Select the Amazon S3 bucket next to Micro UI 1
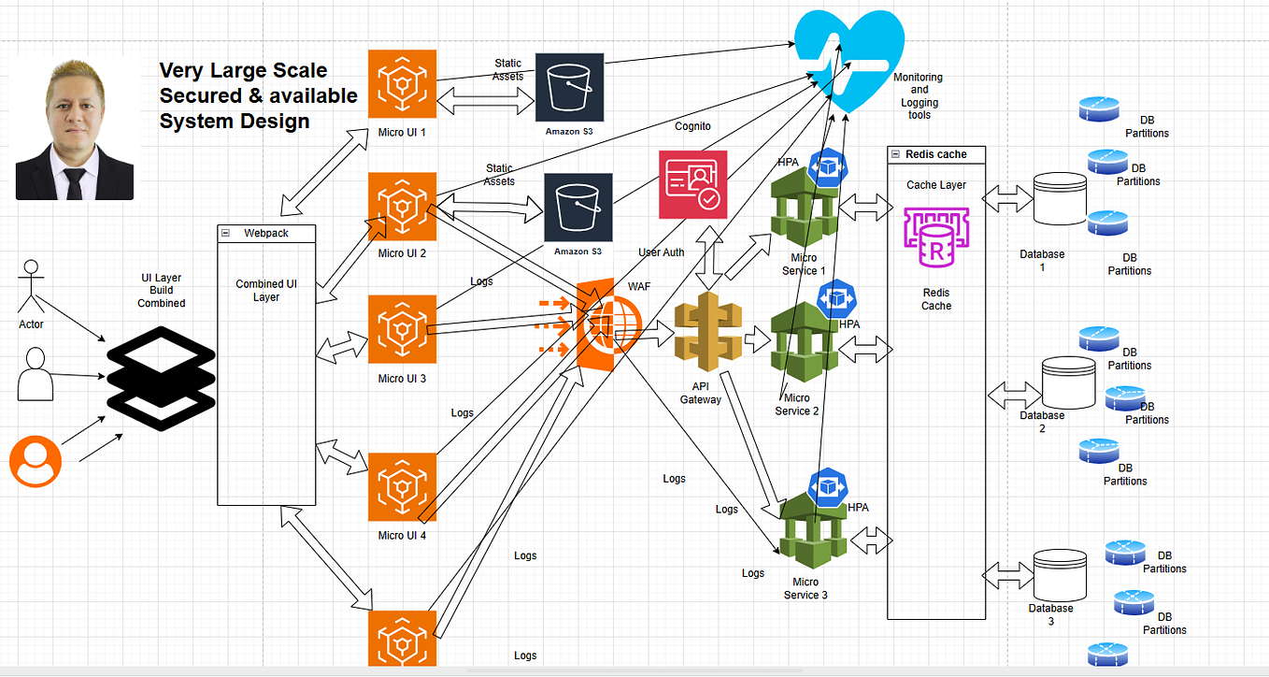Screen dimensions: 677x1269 (569, 87)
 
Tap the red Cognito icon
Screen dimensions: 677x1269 (692, 184)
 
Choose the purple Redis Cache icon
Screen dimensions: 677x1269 (935, 241)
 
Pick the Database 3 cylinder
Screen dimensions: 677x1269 (1060, 574)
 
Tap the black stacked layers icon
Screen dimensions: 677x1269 (161, 379)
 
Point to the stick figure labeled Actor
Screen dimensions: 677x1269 (31, 287)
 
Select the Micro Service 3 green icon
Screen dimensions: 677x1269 (814, 534)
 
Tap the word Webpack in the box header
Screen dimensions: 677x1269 (266, 233)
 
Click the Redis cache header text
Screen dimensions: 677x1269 (936, 154)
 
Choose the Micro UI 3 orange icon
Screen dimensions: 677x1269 (403, 329)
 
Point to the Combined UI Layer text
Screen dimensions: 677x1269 (266, 291)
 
